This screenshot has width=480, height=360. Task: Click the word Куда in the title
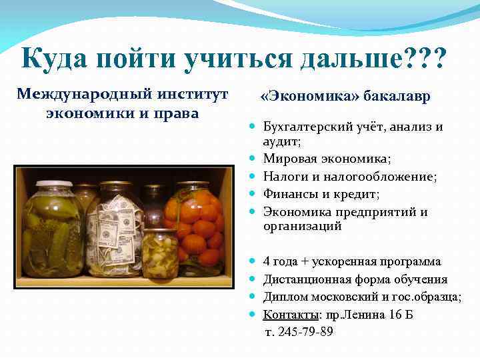click(x=55, y=59)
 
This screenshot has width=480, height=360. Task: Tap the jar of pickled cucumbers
click(x=53, y=230)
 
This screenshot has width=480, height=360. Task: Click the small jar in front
click(x=160, y=253)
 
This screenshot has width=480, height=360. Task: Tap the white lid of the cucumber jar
click(x=53, y=183)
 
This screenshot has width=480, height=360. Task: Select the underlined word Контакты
click(x=290, y=315)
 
